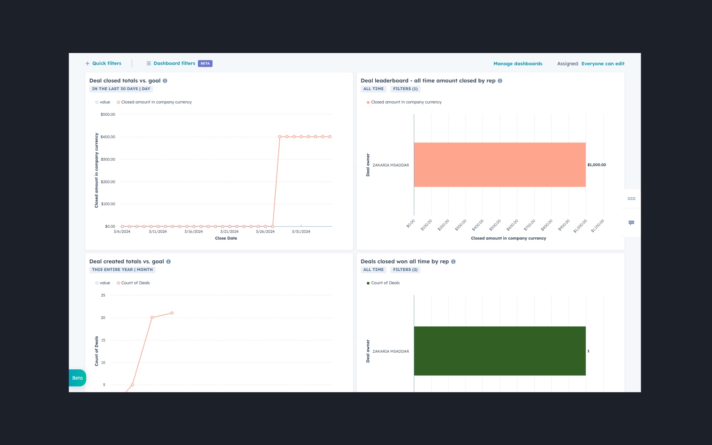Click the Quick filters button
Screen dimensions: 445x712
(103, 63)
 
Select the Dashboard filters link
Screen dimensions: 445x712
(174, 63)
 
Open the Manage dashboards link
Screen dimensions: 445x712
(517, 64)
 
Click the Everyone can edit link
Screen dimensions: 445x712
(603, 64)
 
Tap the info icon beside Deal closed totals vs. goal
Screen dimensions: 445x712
(165, 81)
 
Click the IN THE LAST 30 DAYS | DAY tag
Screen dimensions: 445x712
(121, 89)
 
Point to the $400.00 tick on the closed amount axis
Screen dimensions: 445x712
(108, 137)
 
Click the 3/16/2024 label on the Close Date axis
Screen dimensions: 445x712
(194, 232)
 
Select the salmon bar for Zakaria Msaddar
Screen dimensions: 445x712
(500, 165)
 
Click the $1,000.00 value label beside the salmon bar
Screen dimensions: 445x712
(596, 165)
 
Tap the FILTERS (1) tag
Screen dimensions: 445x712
(405, 89)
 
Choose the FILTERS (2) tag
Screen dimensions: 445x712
(405, 270)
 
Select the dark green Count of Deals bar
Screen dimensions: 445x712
(500, 351)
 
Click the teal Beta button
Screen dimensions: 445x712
(78, 378)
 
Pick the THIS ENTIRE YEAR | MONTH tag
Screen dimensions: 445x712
(122, 270)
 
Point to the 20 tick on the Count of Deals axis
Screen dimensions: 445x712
(103, 318)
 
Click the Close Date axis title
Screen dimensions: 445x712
(226, 238)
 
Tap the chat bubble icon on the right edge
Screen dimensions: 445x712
(631, 223)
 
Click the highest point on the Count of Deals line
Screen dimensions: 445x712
(172, 313)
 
